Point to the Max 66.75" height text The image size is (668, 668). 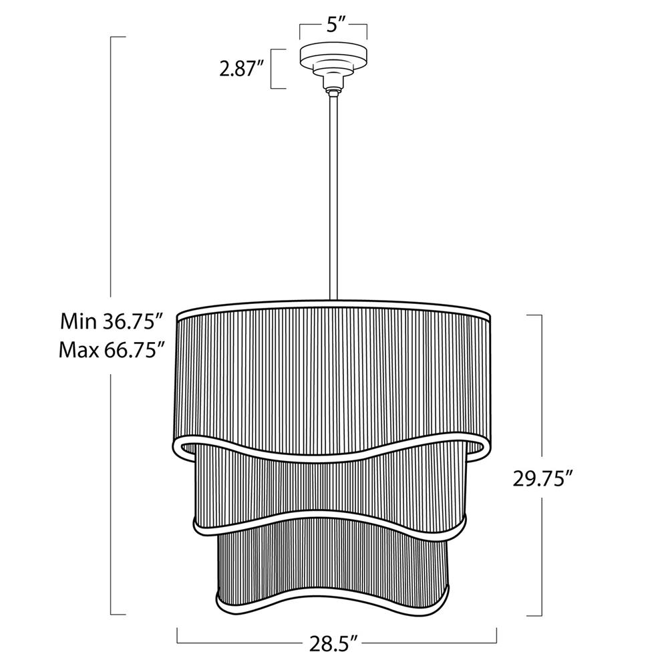pyautogui.click(x=112, y=350)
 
